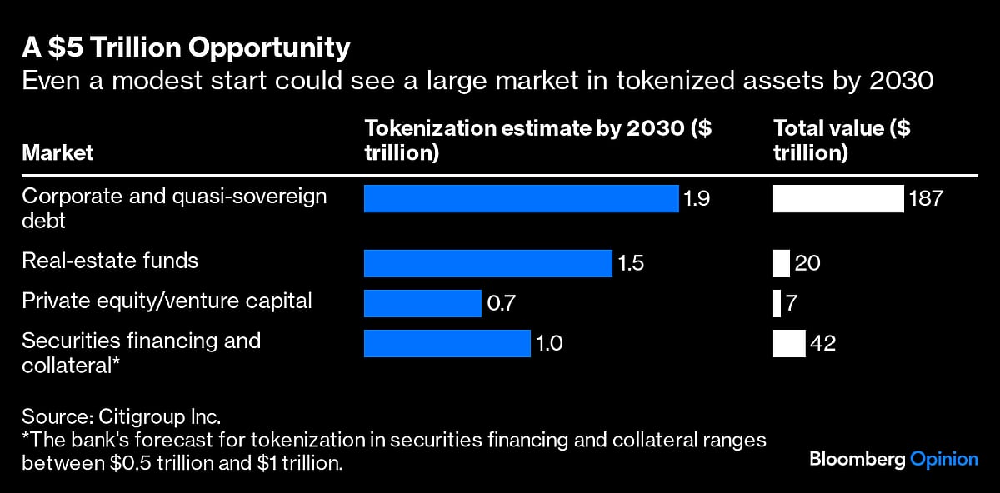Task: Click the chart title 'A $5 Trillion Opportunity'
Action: (x=186, y=49)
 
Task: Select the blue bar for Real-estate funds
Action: (x=487, y=263)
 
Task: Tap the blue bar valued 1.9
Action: (x=521, y=199)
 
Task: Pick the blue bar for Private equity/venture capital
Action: (x=422, y=303)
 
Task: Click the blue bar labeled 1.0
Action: (x=447, y=343)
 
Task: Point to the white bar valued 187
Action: (x=838, y=199)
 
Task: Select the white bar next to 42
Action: (x=789, y=343)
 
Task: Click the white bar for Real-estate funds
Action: (x=781, y=263)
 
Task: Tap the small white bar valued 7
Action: (x=777, y=303)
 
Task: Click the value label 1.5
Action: (x=631, y=263)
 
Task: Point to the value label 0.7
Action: (x=502, y=303)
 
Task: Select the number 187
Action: (x=926, y=199)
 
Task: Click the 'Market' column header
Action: (x=57, y=153)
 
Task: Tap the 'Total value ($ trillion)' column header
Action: (x=842, y=141)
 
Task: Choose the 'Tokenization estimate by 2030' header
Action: (x=538, y=141)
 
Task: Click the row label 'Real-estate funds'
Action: (x=110, y=261)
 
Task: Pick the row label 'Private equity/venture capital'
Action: (x=167, y=301)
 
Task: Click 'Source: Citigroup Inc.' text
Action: (x=121, y=416)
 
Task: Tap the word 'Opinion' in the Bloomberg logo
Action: (x=944, y=459)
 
